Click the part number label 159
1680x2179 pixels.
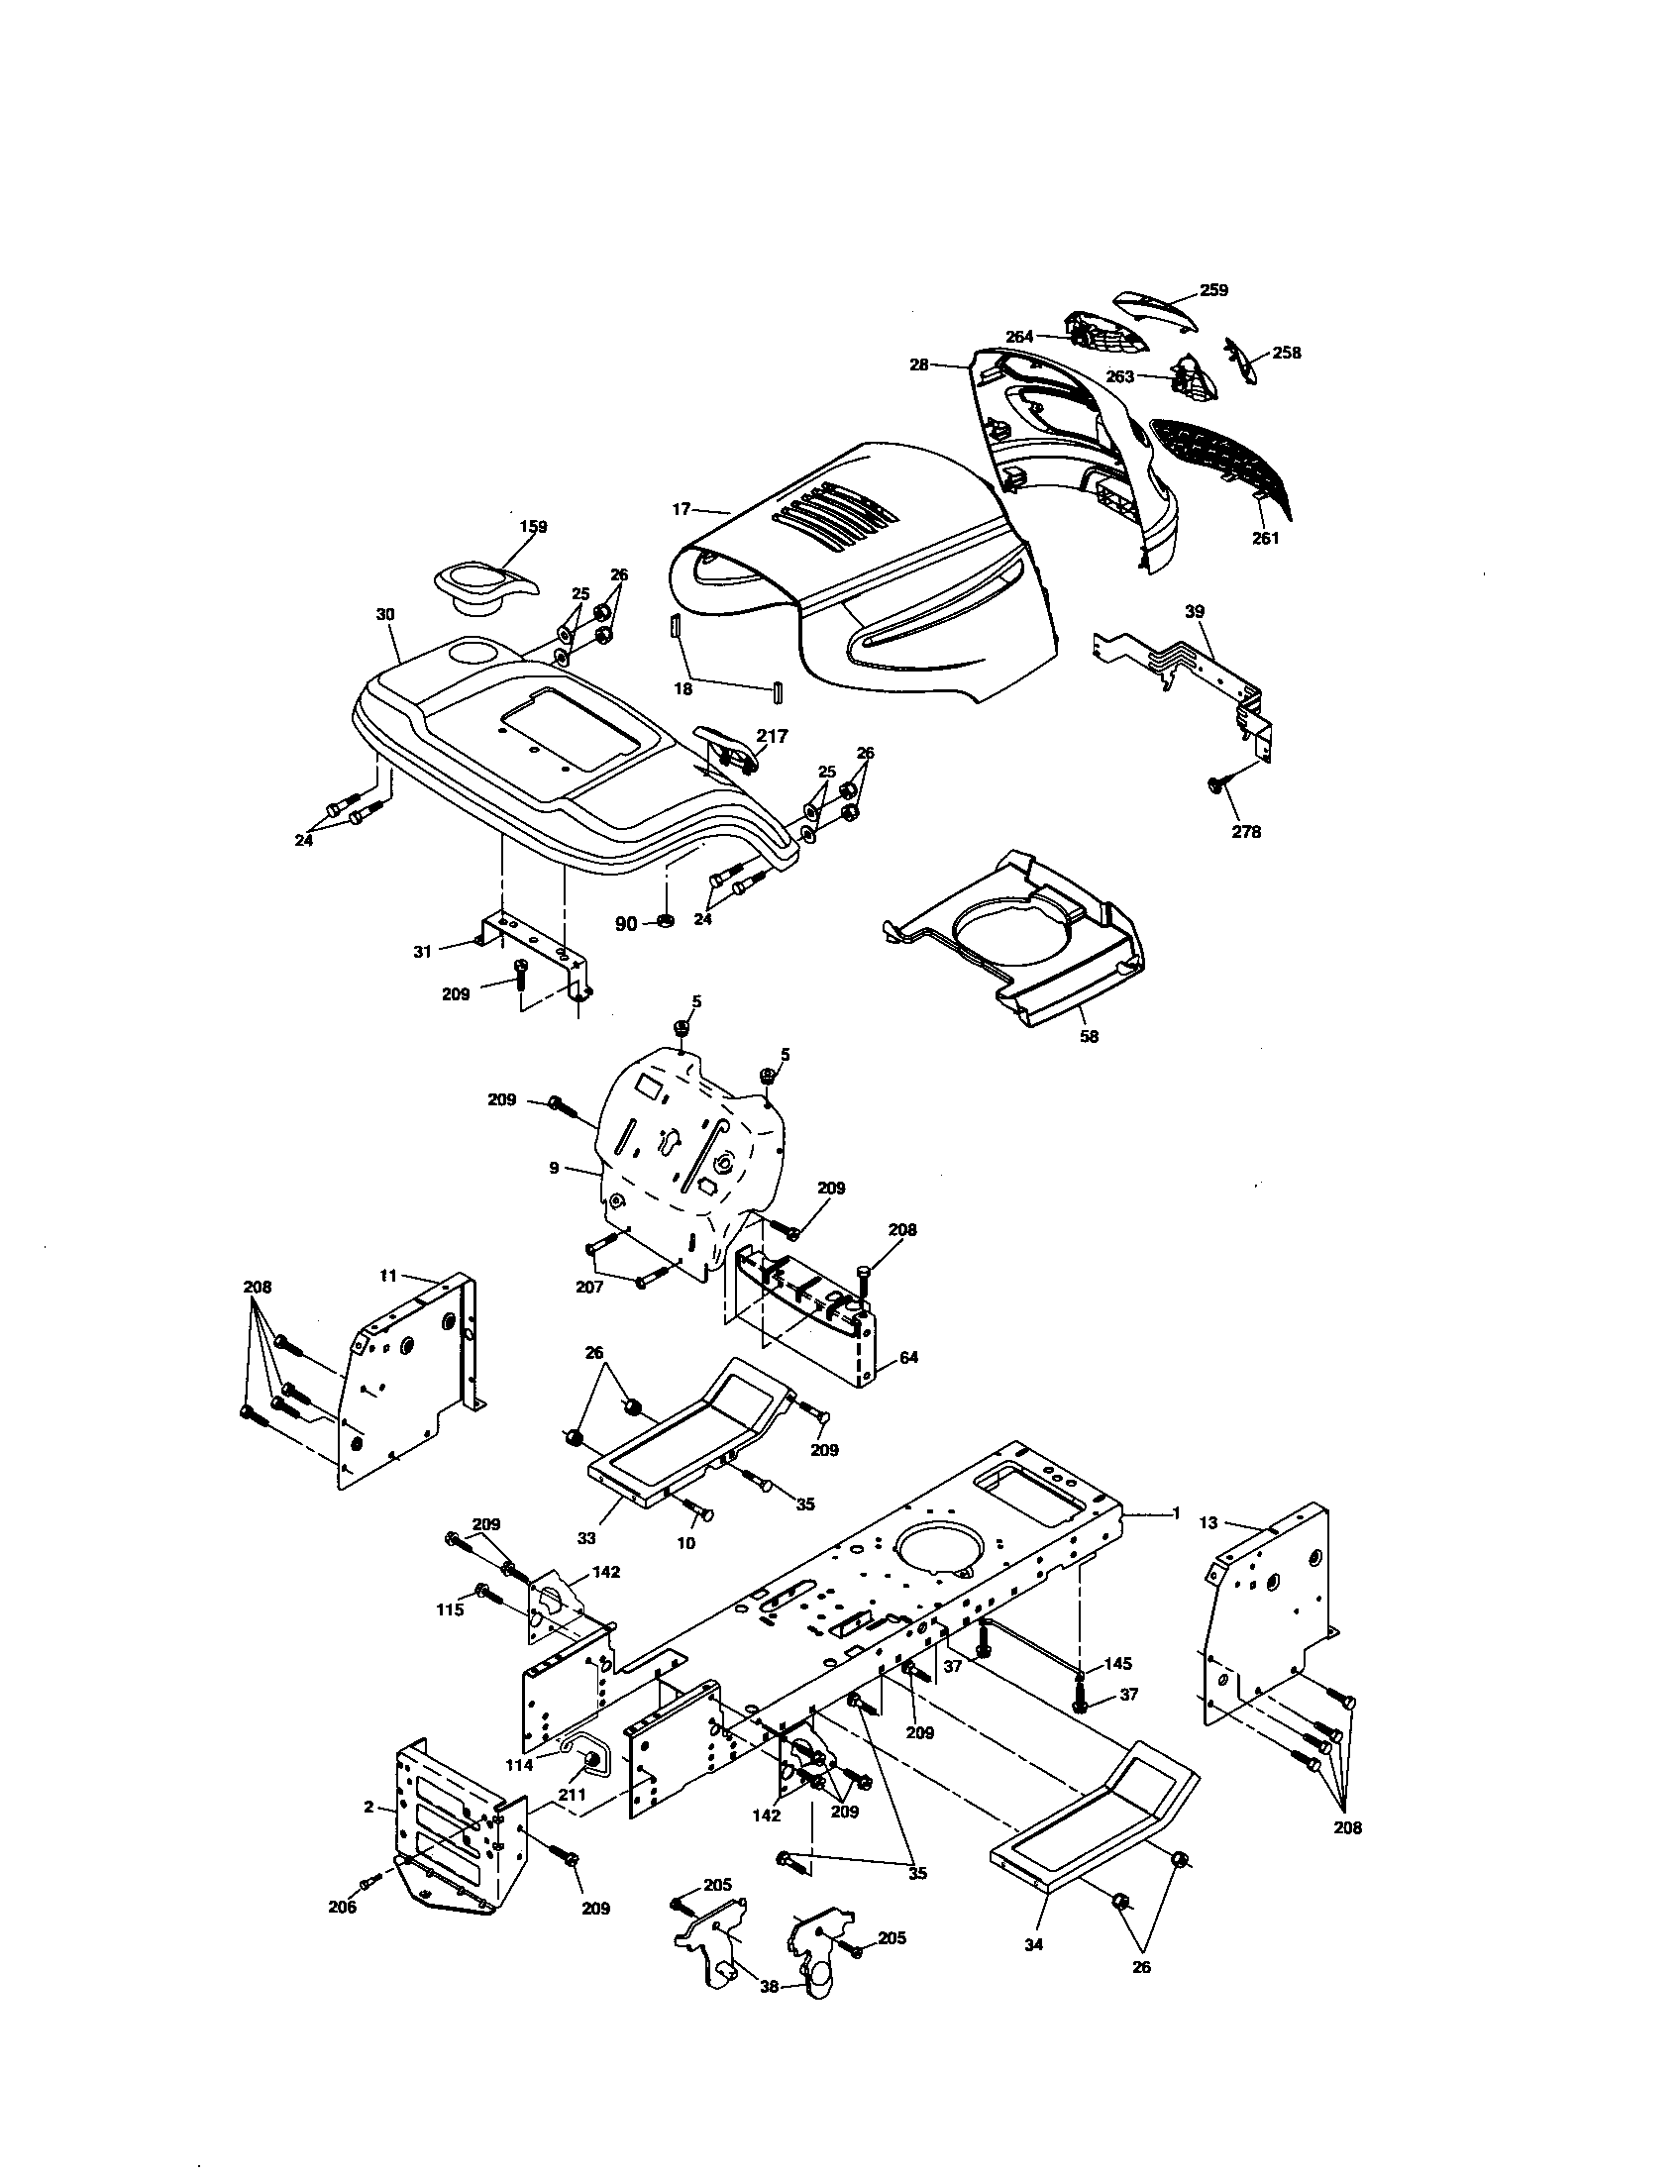pyautogui.click(x=533, y=527)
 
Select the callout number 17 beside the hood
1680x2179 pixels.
pyautogui.click(x=681, y=510)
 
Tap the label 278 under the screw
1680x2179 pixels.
pyautogui.click(x=1245, y=832)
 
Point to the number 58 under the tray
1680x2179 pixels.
pyautogui.click(x=1089, y=1037)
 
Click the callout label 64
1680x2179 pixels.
pyautogui.click(x=907, y=1358)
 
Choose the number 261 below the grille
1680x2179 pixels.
pyautogui.click(x=1265, y=539)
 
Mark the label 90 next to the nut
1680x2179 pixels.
pyautogui.click(x=625, y=924)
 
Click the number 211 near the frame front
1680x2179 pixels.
pyautogui.click(x=570, y=1796)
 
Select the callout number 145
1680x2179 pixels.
pyautogui.click(x=1117, y=1663)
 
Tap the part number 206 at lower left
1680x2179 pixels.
pyautogui.click(x=342, y=1908)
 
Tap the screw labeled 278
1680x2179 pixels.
pyautogui.click(x=1217, y=786)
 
